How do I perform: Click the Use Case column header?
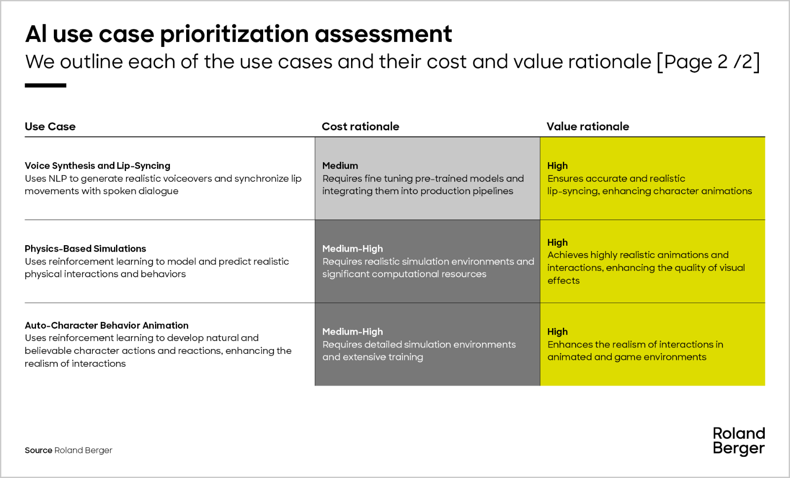click(50, 127)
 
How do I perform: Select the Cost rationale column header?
click(360, 127)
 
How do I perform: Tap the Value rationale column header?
click(588, 127)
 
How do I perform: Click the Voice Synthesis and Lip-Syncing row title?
click(97, 166)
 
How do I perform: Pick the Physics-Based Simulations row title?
click(85, 249)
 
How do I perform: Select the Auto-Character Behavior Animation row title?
click(107, 325)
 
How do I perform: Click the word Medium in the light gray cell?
click(340, 166)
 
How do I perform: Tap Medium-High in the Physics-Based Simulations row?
click(353, 249)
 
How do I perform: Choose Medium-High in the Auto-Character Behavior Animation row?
click(353, 332)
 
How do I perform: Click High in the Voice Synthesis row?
click(557, 166)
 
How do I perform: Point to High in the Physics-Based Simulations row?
click(557, 242)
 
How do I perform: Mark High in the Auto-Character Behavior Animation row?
click(557, 332)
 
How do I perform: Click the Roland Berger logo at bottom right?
click(739, 441)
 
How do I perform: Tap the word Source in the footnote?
click(39, 450)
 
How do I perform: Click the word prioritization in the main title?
click(234, 34)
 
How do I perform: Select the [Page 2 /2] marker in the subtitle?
click(708, 62)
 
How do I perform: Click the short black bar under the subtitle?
click(45, 86)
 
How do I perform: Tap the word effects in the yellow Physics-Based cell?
click(563, 281)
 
